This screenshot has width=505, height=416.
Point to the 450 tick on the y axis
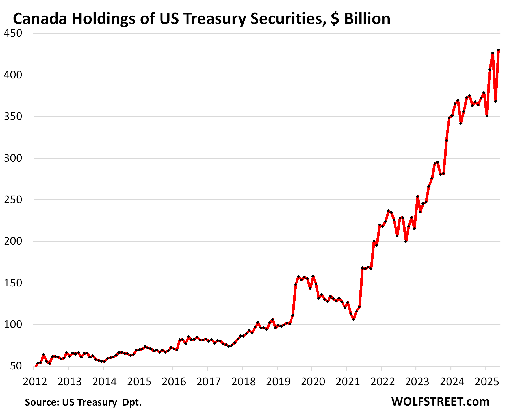(13, 33)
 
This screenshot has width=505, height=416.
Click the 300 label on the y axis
(13, 158)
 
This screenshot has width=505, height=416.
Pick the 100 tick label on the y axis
(13, 324)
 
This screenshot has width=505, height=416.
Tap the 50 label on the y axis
(16, 366)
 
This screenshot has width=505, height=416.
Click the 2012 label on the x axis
(35, 382)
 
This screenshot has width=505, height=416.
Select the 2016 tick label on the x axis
(174, 382)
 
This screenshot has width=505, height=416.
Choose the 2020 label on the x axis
(313, 382)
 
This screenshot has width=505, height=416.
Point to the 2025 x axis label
(487, 382)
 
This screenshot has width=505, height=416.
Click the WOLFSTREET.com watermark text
(440, 401)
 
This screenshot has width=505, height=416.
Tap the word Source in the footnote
(42, 402)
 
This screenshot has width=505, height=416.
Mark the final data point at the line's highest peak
(498, 50)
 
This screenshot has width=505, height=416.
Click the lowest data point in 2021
(354, 319)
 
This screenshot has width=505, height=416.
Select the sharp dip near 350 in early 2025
(487, 116)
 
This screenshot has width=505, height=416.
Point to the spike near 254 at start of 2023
(417, 196)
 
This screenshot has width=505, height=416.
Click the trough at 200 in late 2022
(406, 241)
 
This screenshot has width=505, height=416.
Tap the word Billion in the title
(367, 19)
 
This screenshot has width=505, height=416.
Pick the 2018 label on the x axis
(243, 382)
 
